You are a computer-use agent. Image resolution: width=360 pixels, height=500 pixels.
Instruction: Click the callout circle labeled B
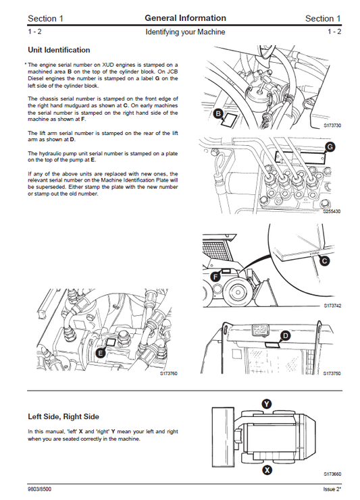[218, 114]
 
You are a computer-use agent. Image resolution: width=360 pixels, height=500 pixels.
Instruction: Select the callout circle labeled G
[330, 146]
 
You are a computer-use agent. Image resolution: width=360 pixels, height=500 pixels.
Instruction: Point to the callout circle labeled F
[216, 276]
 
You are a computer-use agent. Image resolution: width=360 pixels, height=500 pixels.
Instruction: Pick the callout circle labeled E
[101, 353]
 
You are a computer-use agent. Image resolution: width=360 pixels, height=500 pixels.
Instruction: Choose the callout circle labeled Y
[267, 404]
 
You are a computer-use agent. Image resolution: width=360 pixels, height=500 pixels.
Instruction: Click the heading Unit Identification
[59, 50]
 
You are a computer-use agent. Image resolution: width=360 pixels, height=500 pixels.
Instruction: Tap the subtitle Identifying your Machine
[185, 32]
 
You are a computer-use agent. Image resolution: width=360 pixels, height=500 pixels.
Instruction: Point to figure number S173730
[332, 126]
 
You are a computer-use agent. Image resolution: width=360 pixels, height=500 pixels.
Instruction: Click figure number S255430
[332, 211]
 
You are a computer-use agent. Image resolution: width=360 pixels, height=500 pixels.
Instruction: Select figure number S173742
[332, 306]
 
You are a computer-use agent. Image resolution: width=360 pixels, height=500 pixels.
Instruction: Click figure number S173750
[332, 373]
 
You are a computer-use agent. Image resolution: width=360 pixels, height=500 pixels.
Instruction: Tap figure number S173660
[332, 474]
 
